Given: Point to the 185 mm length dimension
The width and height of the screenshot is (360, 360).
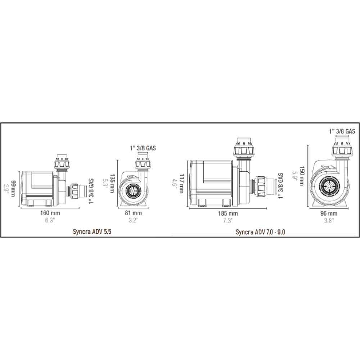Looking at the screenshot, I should [x=228, y=213].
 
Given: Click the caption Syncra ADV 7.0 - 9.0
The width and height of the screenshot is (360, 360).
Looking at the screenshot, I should [x=260, y=232].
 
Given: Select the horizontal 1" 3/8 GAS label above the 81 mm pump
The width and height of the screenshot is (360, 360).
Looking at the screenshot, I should [x=143, y=148].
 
